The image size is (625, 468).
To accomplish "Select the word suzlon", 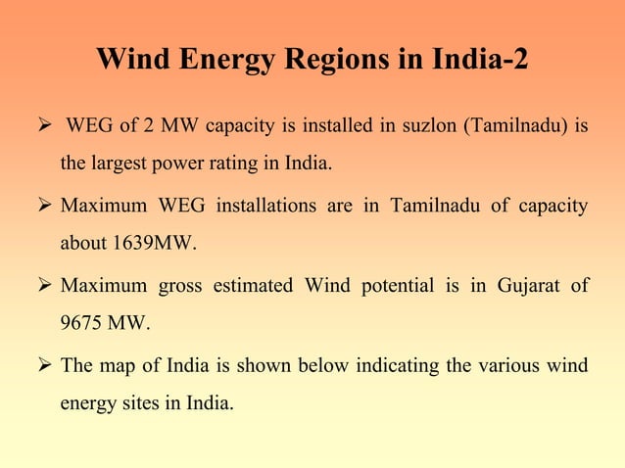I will point(431,126).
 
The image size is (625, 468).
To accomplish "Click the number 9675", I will point(83,322).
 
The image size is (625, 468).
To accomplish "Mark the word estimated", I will point(252,286).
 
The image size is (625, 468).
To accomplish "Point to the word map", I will point(114,366).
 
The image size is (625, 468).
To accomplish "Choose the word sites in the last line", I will point(136,402).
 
